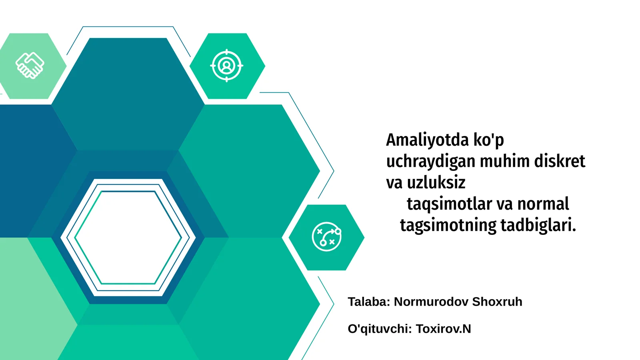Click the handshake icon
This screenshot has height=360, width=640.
(30, 65)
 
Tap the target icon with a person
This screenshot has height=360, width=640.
(226, 66)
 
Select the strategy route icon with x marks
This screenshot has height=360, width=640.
(326, 237)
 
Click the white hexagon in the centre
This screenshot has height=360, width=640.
(128, 238)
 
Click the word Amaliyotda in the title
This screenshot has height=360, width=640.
(427, 140)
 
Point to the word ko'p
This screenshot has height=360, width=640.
(488, 140)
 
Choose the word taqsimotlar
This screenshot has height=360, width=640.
(449, 204)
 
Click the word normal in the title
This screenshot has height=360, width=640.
(543, 204)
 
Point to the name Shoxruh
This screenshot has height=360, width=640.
(497, 302)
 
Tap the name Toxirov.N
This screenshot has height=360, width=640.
(444, 329)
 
